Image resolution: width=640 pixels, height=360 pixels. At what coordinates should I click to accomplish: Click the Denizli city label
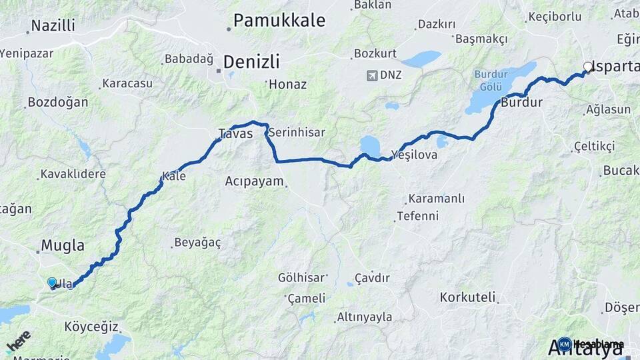[251, 62]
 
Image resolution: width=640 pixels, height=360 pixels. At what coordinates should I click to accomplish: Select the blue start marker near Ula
[52, 283]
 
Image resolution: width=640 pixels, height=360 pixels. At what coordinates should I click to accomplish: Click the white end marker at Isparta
[587, 67]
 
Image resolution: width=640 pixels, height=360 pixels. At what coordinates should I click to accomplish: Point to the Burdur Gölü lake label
[493, 80]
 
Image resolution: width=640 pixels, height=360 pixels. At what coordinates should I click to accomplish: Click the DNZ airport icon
[371, 75]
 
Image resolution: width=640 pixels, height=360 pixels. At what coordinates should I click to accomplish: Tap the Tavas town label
[235, 134]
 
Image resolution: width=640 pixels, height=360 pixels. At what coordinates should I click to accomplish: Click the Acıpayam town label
[254, 181]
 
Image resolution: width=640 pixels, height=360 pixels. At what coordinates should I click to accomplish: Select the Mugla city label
[63, 245]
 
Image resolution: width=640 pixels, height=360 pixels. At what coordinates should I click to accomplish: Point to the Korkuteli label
[468, 297]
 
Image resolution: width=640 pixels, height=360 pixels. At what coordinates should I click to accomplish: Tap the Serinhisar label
[297, 133]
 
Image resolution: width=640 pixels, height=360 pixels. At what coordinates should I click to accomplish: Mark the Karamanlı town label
[437, 199]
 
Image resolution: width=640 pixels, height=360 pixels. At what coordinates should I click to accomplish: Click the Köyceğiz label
[92, 327]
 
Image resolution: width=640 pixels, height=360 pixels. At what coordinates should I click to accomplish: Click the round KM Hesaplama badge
[565, 344]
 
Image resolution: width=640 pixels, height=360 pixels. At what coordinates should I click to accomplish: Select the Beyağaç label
[197, 242]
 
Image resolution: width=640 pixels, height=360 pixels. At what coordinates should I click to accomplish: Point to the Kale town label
[175, 177]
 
